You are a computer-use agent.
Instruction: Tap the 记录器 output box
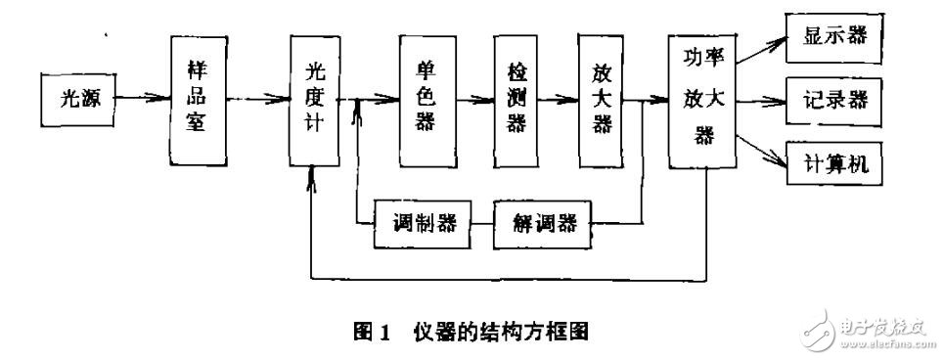834,100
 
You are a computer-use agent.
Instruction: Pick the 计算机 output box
834,161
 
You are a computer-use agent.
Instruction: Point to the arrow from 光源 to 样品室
141,98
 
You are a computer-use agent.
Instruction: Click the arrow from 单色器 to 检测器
474,99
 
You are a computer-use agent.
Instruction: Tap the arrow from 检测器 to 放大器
558,99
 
